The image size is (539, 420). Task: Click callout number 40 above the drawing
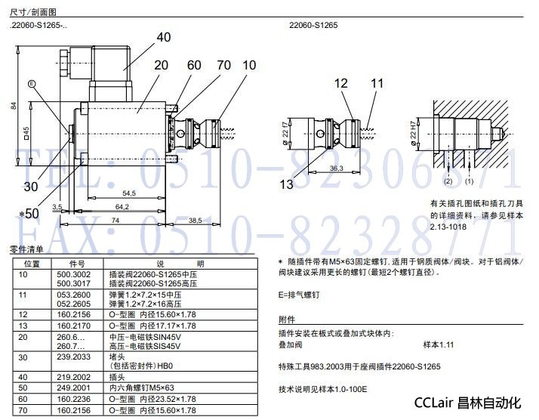[164, 37]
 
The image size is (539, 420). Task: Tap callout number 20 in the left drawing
[161, 65]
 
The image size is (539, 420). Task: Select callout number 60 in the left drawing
[194, 65]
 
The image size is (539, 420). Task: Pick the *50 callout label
[29, 214]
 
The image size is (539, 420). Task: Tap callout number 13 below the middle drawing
[286, 183]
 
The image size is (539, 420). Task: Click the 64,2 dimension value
[112, 206]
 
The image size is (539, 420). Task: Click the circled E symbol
[32, 83]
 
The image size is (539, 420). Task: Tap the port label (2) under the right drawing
[448, 182]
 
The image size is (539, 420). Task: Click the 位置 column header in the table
[32, 264]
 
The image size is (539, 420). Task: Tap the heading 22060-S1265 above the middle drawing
[313, 25]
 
